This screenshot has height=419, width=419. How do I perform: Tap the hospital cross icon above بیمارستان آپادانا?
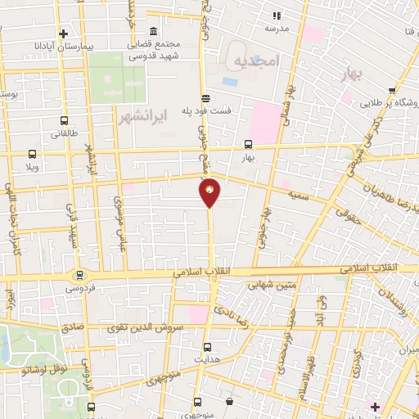click(63, 33)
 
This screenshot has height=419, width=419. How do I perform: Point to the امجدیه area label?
click(255, 61)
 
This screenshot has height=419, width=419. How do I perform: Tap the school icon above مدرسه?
click(276, 15)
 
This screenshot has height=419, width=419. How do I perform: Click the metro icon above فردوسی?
click(79, 276)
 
